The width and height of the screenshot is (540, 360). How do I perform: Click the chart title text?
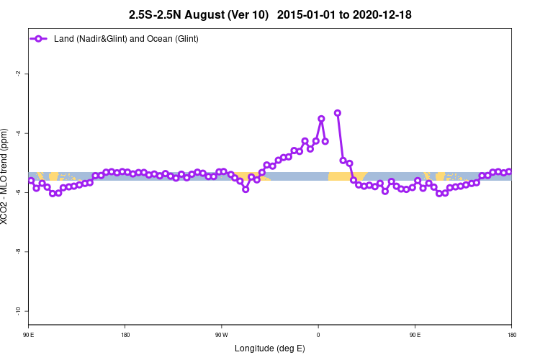(x=270, y=14)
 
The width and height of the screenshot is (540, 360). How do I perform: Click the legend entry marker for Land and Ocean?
(x=41, y=38)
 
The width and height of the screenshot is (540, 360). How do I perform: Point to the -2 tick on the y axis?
(x=18, y=73)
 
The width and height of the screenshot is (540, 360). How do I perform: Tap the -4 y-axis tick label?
(x=18, y=133)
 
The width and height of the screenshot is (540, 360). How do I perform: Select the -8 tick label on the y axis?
(x=18, y=251)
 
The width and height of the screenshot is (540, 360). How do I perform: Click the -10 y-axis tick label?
(x=18, y=310)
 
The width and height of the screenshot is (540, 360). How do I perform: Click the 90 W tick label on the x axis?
(x=221, y=335)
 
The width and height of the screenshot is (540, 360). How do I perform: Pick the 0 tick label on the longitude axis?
(x=318, y=335)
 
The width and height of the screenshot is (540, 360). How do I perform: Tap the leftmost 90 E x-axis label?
(x=28, y=335)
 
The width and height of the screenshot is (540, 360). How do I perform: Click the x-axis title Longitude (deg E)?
(x=270, y=348)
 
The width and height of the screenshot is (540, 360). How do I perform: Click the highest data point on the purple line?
(x=337, y=113)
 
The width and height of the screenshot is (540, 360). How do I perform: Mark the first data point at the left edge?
(x=30, y=181)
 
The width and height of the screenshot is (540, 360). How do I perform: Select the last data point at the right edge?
(x=509, y=171)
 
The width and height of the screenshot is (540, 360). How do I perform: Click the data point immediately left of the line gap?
(x=325, y=141)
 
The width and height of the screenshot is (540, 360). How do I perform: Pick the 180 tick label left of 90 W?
(x=125, y=335)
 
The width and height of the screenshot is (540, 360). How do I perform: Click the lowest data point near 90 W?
(x=246, y=189)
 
